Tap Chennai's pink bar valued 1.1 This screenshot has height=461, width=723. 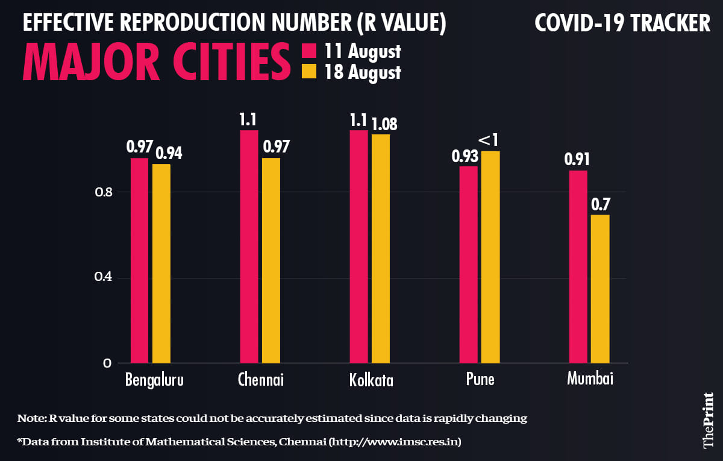249,246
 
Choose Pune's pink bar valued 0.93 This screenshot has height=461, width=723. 468,265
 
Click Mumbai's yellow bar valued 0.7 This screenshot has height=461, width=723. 600,289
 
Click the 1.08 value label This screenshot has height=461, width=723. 384,124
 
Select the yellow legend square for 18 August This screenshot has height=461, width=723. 309,72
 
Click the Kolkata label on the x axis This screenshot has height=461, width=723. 371,381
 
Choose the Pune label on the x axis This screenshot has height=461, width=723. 480,380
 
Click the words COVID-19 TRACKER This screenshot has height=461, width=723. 622,24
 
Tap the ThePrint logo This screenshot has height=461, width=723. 709,419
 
